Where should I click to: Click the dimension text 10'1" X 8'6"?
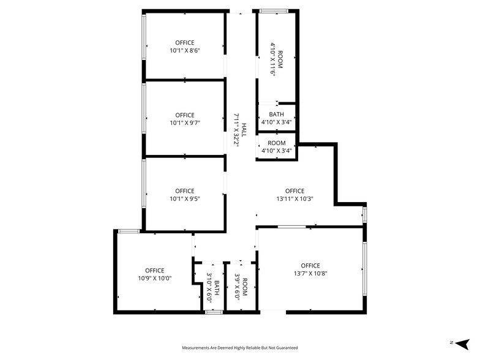tap(185, 51)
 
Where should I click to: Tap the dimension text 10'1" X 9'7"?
tap(185, 123)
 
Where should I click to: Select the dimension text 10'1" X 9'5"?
tap(185, 198)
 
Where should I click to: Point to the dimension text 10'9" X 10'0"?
tap(155, 279)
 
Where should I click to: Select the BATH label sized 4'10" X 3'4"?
tap(277, 114)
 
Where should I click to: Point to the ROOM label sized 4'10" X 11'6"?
tap(280, 59)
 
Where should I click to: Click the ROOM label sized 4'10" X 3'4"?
tap(277, 143)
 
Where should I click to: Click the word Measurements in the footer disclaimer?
tap(198, 347)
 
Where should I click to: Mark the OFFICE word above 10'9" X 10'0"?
tap(155, 271)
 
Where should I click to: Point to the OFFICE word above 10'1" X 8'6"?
tap(185, 43)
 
